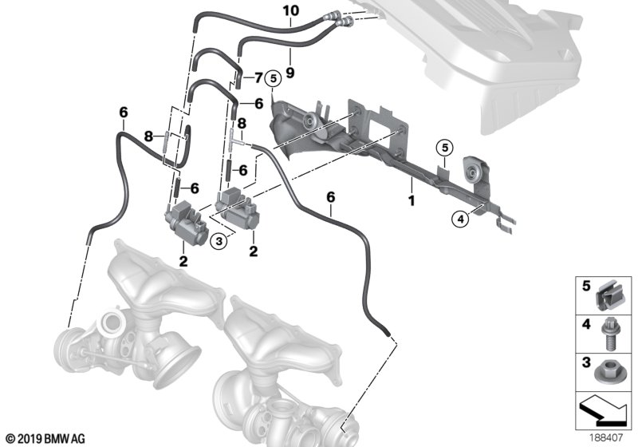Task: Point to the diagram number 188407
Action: click(612, 437)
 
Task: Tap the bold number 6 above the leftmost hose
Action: click(123, 113)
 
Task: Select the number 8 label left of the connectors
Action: click(148, 136)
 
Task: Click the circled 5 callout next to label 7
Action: click(273, 77)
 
